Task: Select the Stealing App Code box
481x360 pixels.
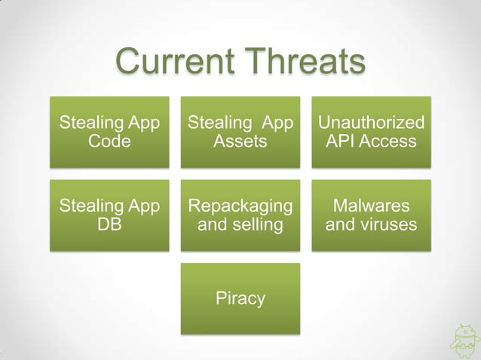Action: pos(109,131)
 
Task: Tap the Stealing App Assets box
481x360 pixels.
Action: pos(240,131)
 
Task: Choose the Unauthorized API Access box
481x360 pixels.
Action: pos(372,131)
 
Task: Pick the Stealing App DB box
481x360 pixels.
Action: pos(109,215)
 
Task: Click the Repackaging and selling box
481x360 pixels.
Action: pos(240,215)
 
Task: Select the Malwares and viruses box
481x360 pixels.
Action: pos(372,215)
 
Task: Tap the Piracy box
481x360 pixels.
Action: pos(240,298)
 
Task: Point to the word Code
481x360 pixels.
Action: pos(109,141)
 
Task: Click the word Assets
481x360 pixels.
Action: pos(240,141)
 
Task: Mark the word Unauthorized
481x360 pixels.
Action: pos(372,122)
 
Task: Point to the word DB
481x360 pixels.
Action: pos(109,224)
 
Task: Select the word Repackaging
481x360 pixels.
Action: pos(240,206)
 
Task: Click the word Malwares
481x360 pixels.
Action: pos(372,206)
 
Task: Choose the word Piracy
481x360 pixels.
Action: pos(240,298)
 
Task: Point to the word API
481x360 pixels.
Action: pos(340,141)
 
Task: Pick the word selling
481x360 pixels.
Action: pos(256,224)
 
